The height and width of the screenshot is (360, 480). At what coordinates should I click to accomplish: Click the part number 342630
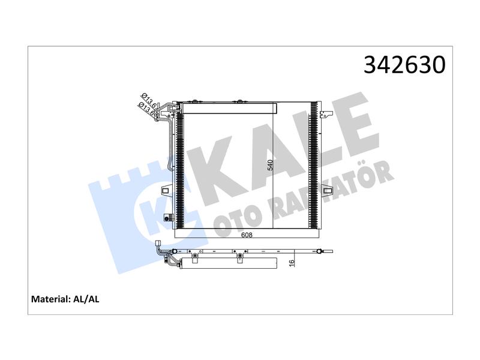(404, 65)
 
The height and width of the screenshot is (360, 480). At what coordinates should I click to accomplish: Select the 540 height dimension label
(270, 166)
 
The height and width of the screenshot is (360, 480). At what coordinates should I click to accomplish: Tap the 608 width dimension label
(247, 235)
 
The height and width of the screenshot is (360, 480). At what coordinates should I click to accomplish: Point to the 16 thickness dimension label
(292, 263)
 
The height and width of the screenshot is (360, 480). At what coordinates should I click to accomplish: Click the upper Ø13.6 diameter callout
(149, 100)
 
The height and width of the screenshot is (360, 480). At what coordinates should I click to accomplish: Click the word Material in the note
(51, 299)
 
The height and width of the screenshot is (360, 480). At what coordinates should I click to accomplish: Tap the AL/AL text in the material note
(86, 299)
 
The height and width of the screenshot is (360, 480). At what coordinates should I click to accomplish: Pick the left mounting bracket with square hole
(167, 190)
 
